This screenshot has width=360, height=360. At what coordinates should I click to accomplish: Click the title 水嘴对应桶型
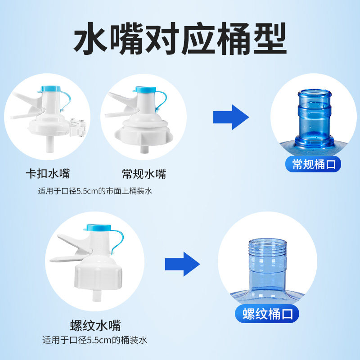tap(180, 39)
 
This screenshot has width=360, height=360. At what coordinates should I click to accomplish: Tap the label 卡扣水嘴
tap(48, 174)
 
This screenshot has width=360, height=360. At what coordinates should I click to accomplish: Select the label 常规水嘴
tap(144, 174)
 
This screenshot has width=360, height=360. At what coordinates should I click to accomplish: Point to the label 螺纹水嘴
tap(95, 325)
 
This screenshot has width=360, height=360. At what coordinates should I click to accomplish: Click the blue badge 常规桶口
tap(313, 164)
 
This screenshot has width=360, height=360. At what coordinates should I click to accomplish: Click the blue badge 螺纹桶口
tap(267, 314)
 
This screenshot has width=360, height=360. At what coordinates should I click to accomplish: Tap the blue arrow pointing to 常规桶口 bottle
tap(231, 117)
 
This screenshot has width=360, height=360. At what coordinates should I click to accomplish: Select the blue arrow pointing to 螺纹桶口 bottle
tap(183, 264)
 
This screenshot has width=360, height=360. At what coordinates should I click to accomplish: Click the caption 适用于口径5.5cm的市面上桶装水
tap(95, 191)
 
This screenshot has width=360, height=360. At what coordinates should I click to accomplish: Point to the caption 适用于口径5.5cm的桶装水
tap(94, 340)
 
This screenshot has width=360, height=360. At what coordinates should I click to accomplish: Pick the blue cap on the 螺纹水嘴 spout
tap(98, 228)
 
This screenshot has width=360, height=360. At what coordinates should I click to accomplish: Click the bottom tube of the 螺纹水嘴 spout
tap(97, 296)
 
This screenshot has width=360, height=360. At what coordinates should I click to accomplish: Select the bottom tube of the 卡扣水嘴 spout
tap(50, 144)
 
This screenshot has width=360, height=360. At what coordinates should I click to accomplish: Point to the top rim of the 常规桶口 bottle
tap(315, 93)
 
